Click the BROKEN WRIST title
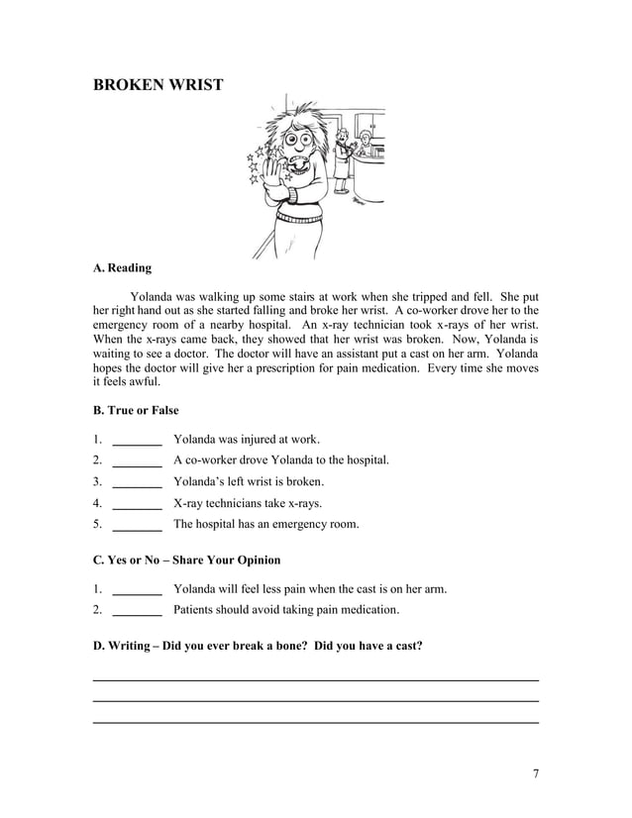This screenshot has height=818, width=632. click(158, 85)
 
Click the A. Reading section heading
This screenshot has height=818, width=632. click(122, 267)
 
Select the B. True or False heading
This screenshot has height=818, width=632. click(136, 410)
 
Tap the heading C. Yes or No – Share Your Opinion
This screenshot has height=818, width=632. click(186, 561)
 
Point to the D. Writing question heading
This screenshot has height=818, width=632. click(258, 647)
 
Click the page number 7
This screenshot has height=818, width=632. click(535, 773)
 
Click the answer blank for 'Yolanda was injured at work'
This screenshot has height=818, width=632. click(138, 440)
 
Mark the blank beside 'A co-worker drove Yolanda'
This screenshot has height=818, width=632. click(138, 460)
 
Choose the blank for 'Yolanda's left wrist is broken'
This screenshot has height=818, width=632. click(138, 482)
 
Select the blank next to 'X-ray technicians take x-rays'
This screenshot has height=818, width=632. click(138, 503)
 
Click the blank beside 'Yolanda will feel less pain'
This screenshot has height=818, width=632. click(138, 590)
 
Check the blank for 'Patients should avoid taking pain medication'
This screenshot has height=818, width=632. click(138, 611)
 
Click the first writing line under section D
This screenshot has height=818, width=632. click(315, 679)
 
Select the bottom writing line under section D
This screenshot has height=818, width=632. click(315, 722)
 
